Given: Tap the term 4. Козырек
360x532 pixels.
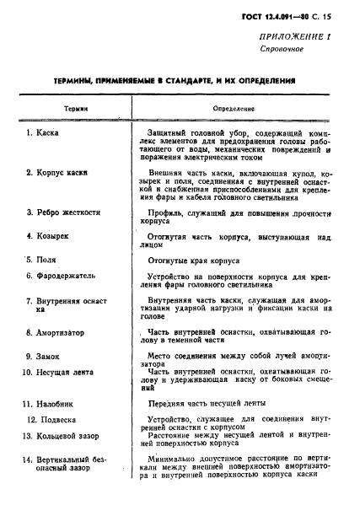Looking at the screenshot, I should [52, 237].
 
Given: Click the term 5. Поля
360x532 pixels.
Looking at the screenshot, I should [44, 260].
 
